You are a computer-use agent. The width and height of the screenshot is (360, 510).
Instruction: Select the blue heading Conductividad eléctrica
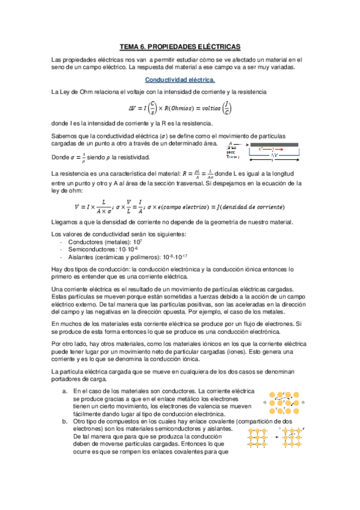tap(180, 79)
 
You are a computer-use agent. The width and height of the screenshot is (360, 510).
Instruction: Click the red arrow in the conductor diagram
tap(273, 150)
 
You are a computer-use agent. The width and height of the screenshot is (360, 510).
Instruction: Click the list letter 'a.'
tap(64, 391)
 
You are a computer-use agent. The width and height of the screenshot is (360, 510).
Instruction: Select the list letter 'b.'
tap(64, 422)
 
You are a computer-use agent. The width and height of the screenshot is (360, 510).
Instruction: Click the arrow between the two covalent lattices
tap(274, 437)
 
